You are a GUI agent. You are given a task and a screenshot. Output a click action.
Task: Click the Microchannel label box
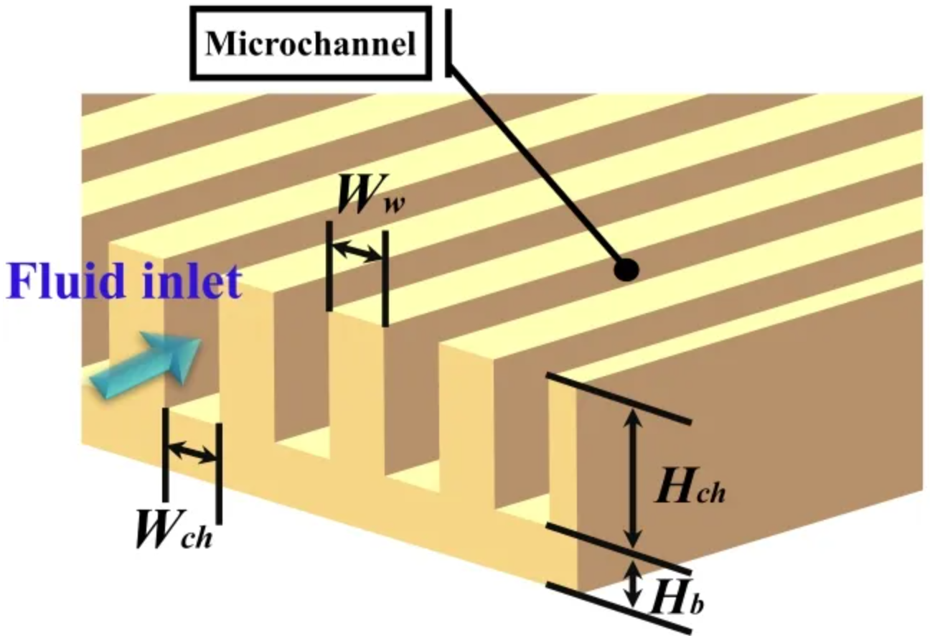[x=310, y=44]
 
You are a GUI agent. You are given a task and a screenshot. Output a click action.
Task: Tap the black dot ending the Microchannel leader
[x=626, y=269]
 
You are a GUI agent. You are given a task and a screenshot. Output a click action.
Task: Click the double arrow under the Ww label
[x=357, y=252]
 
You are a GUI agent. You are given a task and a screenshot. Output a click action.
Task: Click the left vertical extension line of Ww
[x=329, y=266]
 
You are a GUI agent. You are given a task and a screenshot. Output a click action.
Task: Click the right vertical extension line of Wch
[x=218, y=473]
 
